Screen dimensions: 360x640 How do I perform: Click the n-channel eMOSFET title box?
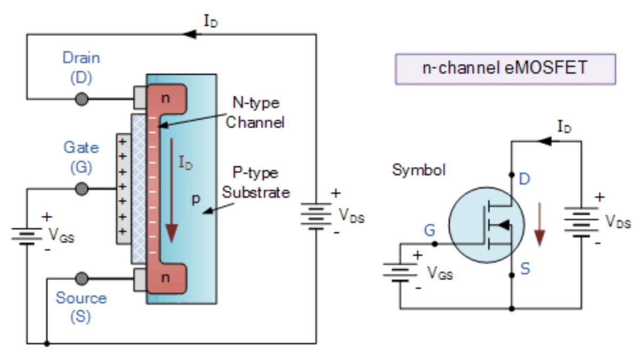point(505,69)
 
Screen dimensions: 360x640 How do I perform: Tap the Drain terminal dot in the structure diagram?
point(82,99)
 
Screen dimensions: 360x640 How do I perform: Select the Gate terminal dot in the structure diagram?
point(82,188)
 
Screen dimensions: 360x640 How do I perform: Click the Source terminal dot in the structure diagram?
point(82,278)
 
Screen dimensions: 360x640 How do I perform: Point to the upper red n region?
point(167,98)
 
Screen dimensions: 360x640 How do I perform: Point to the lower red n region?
point(167,277)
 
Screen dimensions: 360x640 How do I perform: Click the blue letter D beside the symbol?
point(525,179)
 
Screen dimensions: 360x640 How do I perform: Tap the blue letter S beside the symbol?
point(525,269)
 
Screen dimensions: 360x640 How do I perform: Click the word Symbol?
point(419,170)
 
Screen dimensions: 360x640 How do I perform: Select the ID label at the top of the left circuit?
point(211,22)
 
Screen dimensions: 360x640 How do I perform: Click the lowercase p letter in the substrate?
point(196,199)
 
